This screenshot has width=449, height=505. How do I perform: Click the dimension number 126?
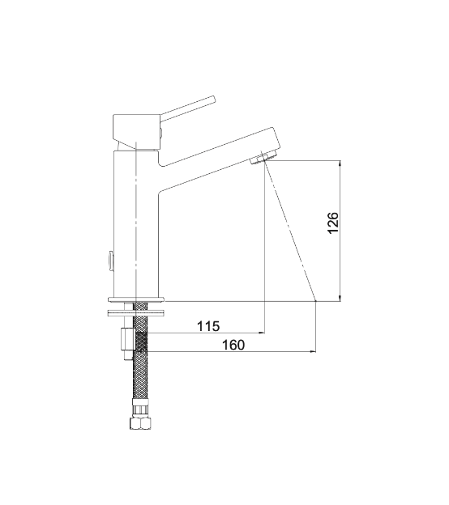pyautogui.click(x=333, y=223)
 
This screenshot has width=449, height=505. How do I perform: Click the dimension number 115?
pyautogui.click(x=208, y=326)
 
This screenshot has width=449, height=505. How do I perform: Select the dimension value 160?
pyautogui.click(x=233, y=345)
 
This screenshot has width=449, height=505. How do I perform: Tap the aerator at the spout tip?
pyautogui.click(x=263, y=158)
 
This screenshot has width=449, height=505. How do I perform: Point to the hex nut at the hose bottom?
pyautogui.click(x=140, y=423)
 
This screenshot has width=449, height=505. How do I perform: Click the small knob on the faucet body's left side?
pyautogui.click(x=110, y=261)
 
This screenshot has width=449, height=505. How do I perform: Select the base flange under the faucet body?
pyautogui.click(x=136, y=299)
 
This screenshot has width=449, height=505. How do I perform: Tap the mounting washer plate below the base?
pyautogui.click(x=136, y=312)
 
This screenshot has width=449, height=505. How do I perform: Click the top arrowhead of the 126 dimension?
pyautogui.click(x=340, y=163)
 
